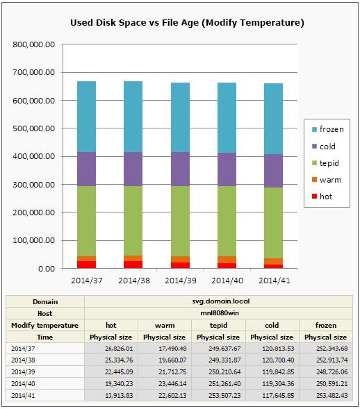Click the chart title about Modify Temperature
pyautogui.click(x=187, y=23)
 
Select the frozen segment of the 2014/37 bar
pyautogui.click(x=87, y=117)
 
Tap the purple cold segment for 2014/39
pyautogui.click(x=181, y=169)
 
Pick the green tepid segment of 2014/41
pyautogui.click(x=274, y=223)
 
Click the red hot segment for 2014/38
pyautogui.click(x=133, y=265)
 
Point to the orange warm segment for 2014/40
pyautogui.click(x=227, y=260)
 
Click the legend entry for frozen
pyautogui.click(x=328, y=129)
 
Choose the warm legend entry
pyautogui.click(x=327, y=180)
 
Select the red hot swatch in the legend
pyautogui.click(x=314, y=196)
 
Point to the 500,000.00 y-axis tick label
pyautogui.click(x=34, y=128)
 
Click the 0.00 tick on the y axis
pyautogui.click(x=47, y=269)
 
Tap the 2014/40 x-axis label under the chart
pyautogui.click(x=227, y=281)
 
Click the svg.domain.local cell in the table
pyautogui.click(x=221, y=301)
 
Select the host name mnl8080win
pyautogui.click(x=220, y=313)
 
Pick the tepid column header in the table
pyautogui.click(x=219, y=325)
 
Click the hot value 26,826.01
pyautogui.click(x=119, y=349)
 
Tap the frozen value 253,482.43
pyautogui.click(x=332, y=395)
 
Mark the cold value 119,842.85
pyautogui.click(x=278, y=372)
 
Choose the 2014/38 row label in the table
pyautogui.click(x=23, y=360)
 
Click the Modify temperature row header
pyautogui.click(x=45, y=326)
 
